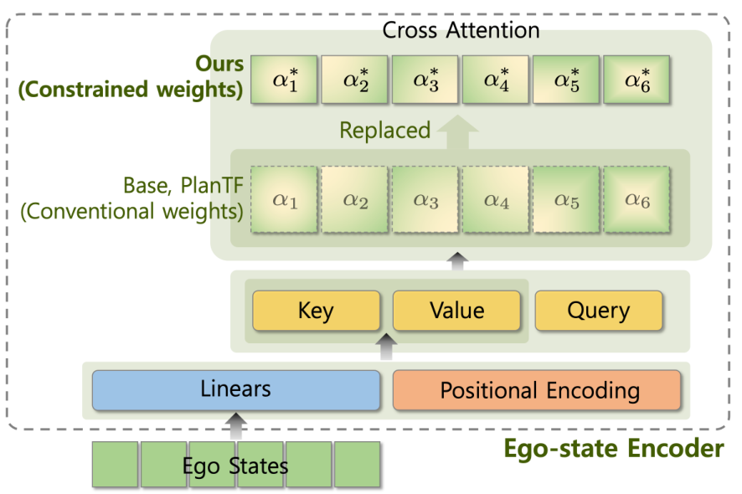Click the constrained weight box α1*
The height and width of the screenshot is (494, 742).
[284, 80]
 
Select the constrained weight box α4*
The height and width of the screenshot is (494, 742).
[495, 80]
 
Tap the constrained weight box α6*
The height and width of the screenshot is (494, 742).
[636, 80]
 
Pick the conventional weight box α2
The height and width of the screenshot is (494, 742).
[354, 200]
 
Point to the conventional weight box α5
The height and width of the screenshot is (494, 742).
[565, 200]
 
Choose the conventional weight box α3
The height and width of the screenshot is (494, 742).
[425, 200]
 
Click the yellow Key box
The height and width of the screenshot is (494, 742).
[316, 311]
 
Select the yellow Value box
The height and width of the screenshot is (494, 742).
[456, 311]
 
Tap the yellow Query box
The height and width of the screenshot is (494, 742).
[598, 311]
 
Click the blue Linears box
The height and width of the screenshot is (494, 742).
[235, 389]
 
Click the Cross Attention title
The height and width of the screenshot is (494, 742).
[461, 30]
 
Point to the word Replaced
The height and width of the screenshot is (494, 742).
[384, 131]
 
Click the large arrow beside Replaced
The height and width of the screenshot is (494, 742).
[457, 131]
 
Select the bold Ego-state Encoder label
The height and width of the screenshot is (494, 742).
[613, 449]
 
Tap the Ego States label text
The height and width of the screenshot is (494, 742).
[235, 465]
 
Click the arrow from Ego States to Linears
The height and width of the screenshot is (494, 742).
[235, 425]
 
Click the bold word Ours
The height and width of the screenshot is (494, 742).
[219, 64]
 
